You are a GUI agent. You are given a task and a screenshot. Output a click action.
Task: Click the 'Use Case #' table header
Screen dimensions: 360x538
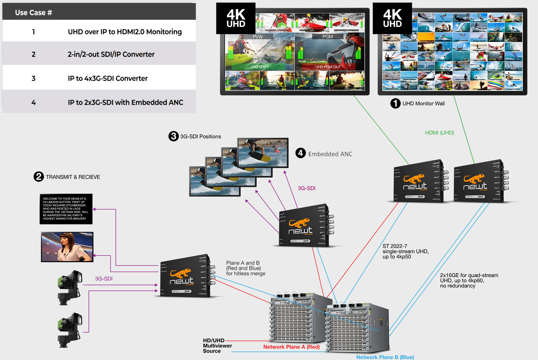point(34,13)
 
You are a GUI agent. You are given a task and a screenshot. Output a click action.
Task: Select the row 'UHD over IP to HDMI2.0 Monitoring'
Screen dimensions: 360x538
point(125,32)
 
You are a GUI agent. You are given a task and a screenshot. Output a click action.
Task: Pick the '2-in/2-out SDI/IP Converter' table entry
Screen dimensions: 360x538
point(111,54)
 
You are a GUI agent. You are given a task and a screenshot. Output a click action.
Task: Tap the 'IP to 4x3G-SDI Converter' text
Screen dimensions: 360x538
point(108,78)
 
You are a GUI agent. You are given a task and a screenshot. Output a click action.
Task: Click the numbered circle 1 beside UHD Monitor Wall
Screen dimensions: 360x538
point(395,103)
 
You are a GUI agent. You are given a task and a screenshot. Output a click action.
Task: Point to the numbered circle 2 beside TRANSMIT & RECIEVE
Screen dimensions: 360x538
point(39,177)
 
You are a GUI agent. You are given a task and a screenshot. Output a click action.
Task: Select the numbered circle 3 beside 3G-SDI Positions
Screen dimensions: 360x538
point(173,136)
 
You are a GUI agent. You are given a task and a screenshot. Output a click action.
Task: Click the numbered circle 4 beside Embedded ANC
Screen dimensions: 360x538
point(301,153)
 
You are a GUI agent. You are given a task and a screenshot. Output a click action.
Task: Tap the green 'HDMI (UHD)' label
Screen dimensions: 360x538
point(439,133)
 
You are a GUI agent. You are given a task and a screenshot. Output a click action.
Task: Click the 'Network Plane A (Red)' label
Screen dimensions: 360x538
point(291,347)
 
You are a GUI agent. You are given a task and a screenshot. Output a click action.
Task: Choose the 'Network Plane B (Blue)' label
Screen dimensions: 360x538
point(385,357)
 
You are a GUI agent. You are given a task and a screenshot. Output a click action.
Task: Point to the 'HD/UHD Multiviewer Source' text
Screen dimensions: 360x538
point(217,346)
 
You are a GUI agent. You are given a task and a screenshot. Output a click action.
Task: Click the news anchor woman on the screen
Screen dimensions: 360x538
point(67,247)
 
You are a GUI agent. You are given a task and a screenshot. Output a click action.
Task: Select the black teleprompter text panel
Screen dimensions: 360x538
point(66,209)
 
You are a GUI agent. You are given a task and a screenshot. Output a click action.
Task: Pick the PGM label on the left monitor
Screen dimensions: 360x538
point(328,37)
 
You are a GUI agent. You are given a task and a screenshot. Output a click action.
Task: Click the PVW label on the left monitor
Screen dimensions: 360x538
point(258,37)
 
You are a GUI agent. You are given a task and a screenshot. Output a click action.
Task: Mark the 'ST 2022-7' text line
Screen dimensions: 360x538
point(395,246)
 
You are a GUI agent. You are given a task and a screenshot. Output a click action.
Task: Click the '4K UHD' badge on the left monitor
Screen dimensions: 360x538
point(236,18)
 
